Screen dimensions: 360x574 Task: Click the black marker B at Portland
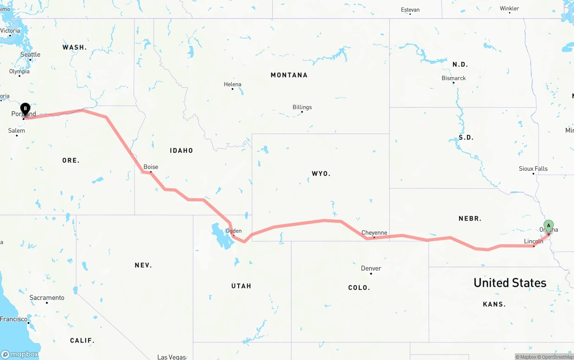(26, 108)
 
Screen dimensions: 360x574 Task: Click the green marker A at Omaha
(548, 225)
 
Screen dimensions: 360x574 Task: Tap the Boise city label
(151, 167)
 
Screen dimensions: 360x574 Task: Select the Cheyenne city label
(374, 233)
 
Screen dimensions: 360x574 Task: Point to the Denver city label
(371, 268)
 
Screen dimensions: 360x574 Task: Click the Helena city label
(232, 84)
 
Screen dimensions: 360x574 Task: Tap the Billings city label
(302, 107)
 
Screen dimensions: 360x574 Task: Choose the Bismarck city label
(453, 78)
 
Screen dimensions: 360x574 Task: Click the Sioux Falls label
(533, 169)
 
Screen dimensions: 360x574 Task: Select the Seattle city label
(30, 54)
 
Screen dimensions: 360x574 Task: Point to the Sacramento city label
(47, 298)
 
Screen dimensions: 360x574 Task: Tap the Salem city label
(17, 130)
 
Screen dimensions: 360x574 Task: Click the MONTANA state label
(289, 75)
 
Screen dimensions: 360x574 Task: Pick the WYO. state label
(321, 173)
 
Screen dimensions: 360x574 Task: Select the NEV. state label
(143, 265)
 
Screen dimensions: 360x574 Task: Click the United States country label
(510, 283)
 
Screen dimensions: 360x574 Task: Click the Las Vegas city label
(171, 357)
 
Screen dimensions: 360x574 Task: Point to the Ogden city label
(234, 231)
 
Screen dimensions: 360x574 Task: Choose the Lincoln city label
(533, 241)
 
